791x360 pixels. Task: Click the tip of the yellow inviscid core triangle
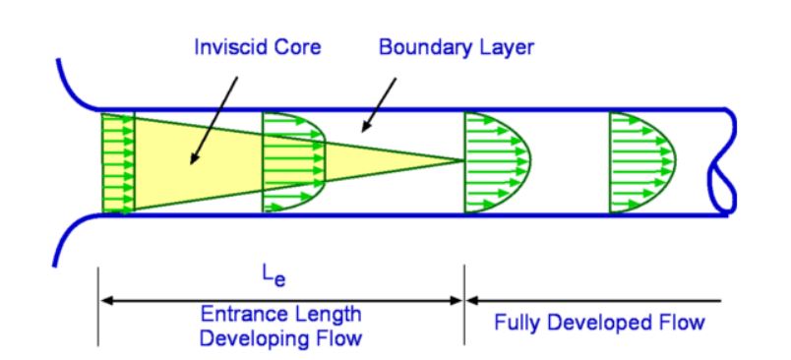(463, 159)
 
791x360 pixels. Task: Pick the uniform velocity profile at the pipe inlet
(116, 162)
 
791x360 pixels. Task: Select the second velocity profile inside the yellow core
(293, 160)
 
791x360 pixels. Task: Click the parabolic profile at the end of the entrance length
(498, 160)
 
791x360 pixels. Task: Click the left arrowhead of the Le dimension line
(103, 299)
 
